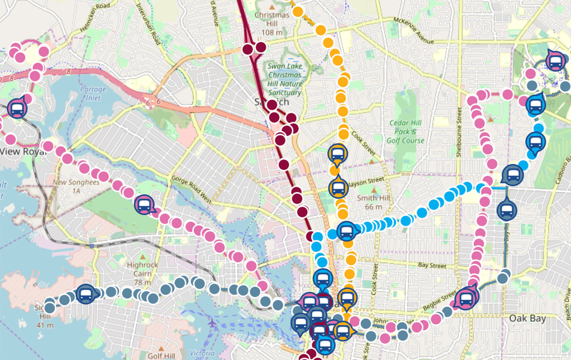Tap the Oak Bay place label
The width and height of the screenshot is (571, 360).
(527, 318)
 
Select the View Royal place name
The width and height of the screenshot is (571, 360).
(23, 152)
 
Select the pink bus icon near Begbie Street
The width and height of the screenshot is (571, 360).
(465, 299)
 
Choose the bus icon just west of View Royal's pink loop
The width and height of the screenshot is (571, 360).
(17, 109)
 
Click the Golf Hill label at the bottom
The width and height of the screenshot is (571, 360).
(163, 356)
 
